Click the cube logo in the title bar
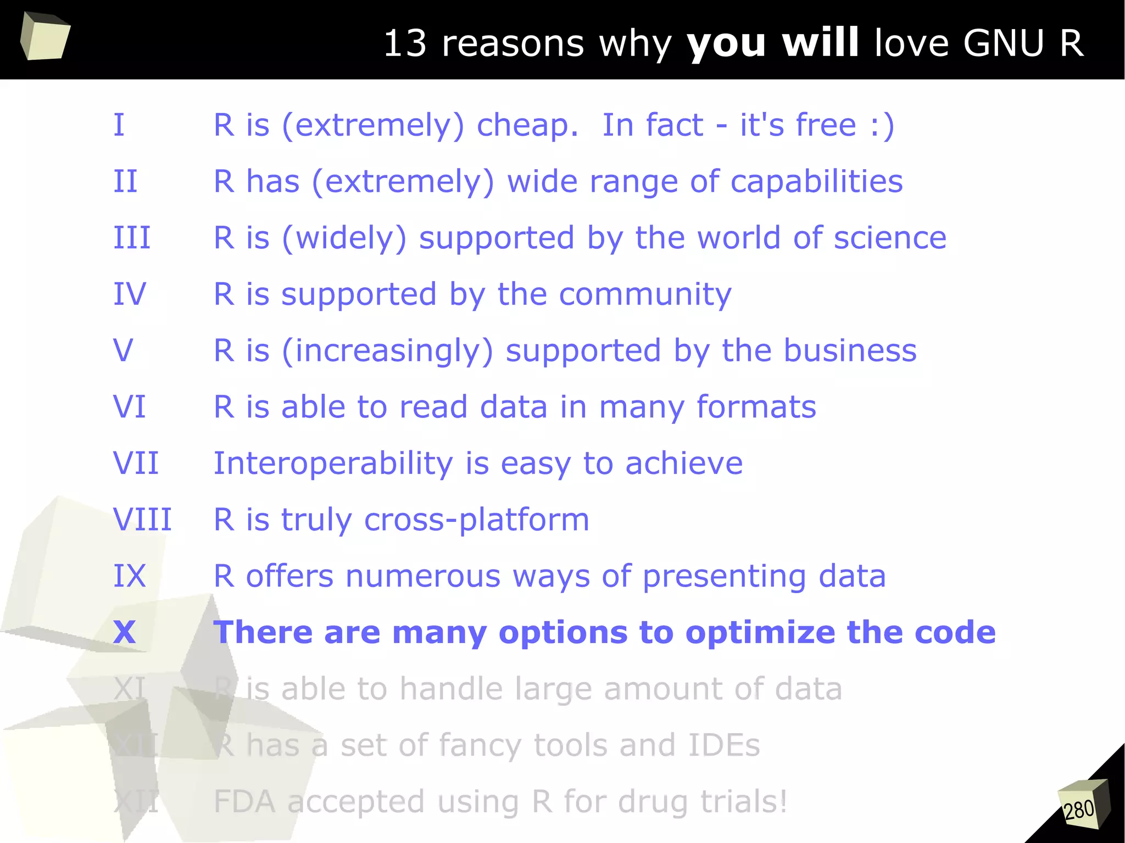click(x=45, y=36)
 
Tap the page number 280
click(x=1079, y=809)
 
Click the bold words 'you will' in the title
click(x=772, y=43)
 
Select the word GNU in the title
click(x=1003, y=43)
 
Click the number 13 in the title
click(x=405, y=43)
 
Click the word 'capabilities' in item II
click(x=816, y=181)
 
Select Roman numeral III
click(x=132, y=238)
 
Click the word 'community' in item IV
click(x=645, y=295)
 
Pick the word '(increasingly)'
click(x=387, y=351)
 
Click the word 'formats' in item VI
click(x=756, y=407)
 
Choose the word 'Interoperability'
click(x=333, y=464)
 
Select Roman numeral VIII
click(x=142, y=520)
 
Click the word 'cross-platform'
click(x=476, y=520)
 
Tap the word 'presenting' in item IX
click(x=724, y=577)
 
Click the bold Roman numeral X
click(x=125, y=632)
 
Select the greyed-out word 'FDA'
click(x=244, y=802)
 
